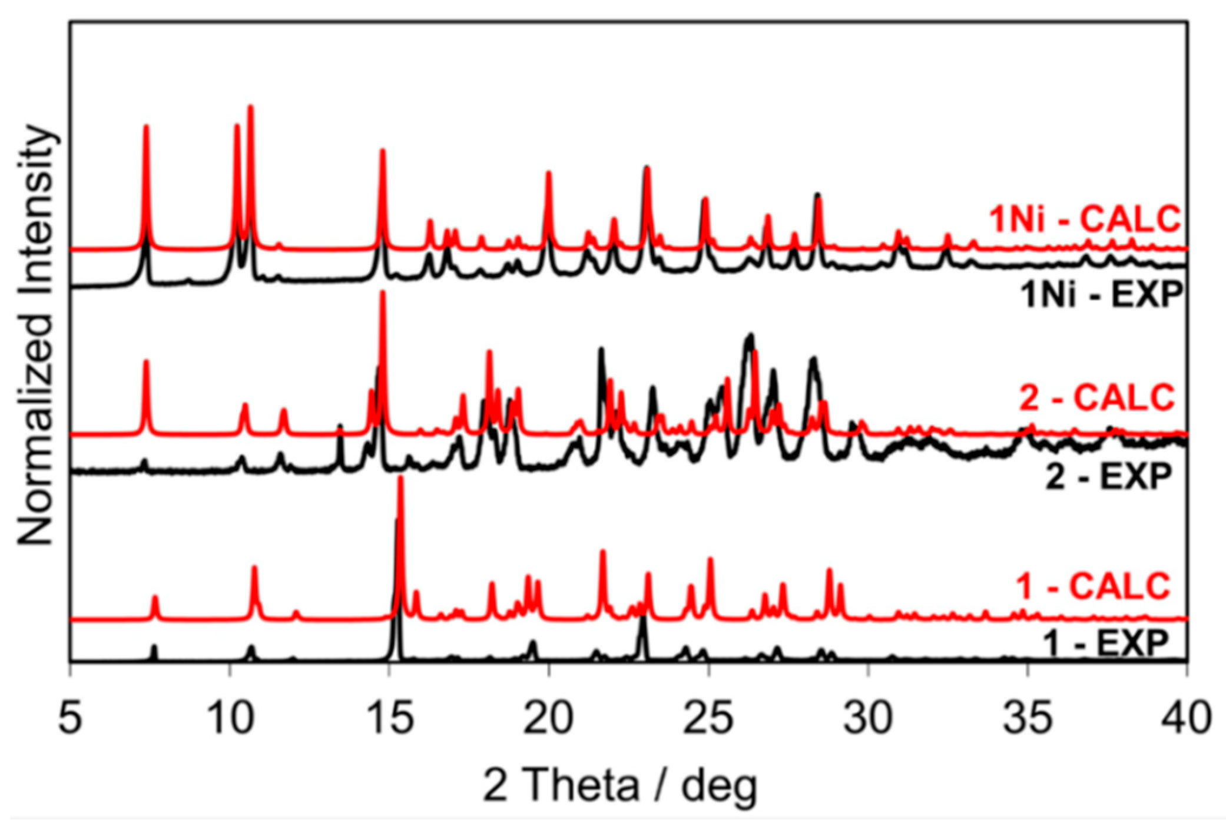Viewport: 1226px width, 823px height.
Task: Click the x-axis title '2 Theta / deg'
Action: click(620, 785)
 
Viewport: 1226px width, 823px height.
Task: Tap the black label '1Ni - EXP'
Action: click(1101, 294)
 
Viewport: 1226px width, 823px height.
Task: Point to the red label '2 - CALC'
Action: click(1096, 398)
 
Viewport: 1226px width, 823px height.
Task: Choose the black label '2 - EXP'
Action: click(1108, 476)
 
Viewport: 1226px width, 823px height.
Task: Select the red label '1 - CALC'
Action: click(1093, 586)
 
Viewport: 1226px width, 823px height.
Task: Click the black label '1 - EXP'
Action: click(1105, 643)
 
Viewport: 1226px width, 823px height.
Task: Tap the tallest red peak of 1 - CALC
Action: click(400, 478)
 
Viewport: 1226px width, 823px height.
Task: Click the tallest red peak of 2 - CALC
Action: click(383, 293)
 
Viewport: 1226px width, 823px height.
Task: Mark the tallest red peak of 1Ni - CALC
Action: click(250, 107)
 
